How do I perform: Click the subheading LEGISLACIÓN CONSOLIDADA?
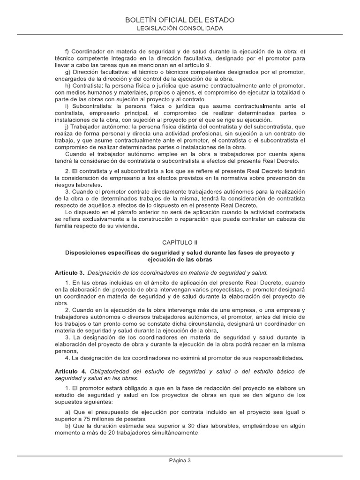point(180,29)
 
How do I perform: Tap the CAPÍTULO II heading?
point(180,242)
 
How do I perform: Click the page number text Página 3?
point(180,460)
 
